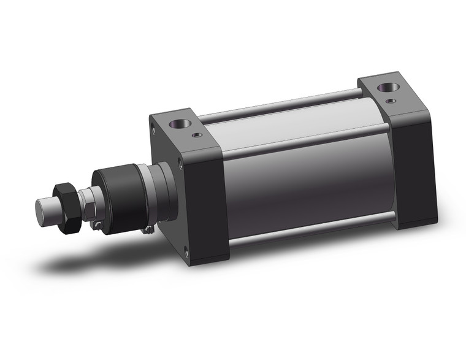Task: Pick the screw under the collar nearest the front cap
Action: click(147, 231)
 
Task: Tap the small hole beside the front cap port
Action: click(196, 134)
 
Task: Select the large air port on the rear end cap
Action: click(386, 87)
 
